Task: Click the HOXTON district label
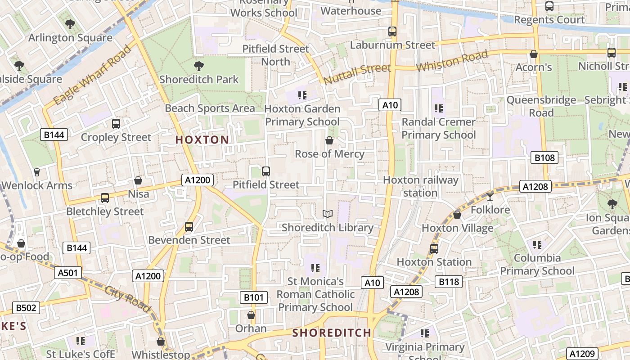click(202, 140)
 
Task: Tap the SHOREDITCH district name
click(332, 333)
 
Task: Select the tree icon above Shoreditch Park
click(198, 67)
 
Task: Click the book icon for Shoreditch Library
click(328, 214)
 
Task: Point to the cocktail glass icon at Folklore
click(490, 196)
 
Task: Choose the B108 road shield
click(544, 157)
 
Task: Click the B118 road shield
click(448, 282)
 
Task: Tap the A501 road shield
click(68, 272)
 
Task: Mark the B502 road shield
click(26, 308)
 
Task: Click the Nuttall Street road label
click(357, 74)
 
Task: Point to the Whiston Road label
click(452, 61)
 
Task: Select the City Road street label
click(128, 299)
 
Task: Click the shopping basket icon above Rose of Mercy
click(329, 141)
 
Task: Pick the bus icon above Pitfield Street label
click(266, 171)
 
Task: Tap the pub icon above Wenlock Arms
click(37, 172)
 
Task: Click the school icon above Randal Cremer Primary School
click(439, 108)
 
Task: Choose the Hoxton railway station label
click(420, 186)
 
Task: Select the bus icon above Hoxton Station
click(434, 248)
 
